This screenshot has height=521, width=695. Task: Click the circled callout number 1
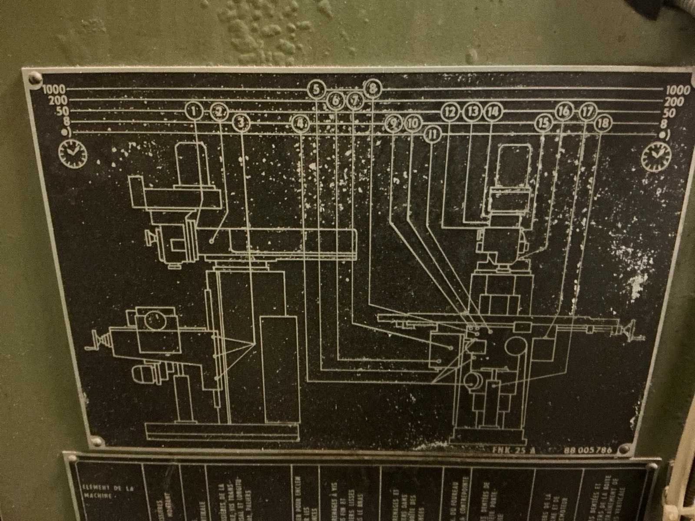pos(194,111)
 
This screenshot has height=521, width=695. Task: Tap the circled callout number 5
pos(316,89)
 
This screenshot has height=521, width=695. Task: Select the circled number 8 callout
pos(372,89)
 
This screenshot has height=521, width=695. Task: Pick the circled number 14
pos(493,112)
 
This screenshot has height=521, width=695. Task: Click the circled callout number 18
pos(602,124)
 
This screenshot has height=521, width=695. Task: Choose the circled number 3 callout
pos(241,123)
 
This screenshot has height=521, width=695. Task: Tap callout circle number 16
pos(564,111)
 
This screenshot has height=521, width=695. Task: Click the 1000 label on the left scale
pos(54,90)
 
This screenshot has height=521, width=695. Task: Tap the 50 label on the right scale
pos(669,113)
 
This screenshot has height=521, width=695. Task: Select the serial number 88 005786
pos(588,450)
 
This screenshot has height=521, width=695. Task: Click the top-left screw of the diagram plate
pos(34,79)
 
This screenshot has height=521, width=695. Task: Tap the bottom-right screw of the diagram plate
pos(624,449)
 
